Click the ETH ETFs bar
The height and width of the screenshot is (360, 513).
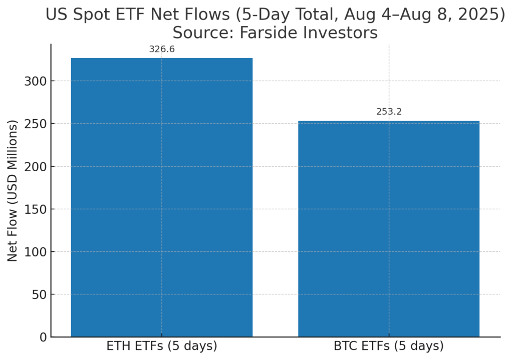click(x=162, y=197)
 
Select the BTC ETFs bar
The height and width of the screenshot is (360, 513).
click(x=389, y=228)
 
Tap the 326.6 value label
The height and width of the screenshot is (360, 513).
click(x=162, y=49)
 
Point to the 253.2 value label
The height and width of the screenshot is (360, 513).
click(x=389, y=112)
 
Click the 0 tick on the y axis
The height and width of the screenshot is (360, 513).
click(x=44, y=337)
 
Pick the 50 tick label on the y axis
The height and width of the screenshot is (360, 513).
click(x=40, y=294)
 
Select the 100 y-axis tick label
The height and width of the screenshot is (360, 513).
click(x=36, y=252)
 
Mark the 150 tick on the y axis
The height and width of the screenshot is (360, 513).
click(x=36, y=209)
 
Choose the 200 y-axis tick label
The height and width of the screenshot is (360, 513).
click(x=36, y=166)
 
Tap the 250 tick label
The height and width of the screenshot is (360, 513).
click(x=36, y=124)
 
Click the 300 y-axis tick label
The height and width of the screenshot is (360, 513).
click(x=36, y=81)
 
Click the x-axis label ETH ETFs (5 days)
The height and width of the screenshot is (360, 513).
click(x=162, y=346)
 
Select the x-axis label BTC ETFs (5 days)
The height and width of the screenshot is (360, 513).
click(x=389, y=346)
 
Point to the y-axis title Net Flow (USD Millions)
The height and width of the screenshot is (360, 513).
click(x=12, y=191)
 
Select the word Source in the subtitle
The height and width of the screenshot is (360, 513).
click(x=203, y=33)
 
